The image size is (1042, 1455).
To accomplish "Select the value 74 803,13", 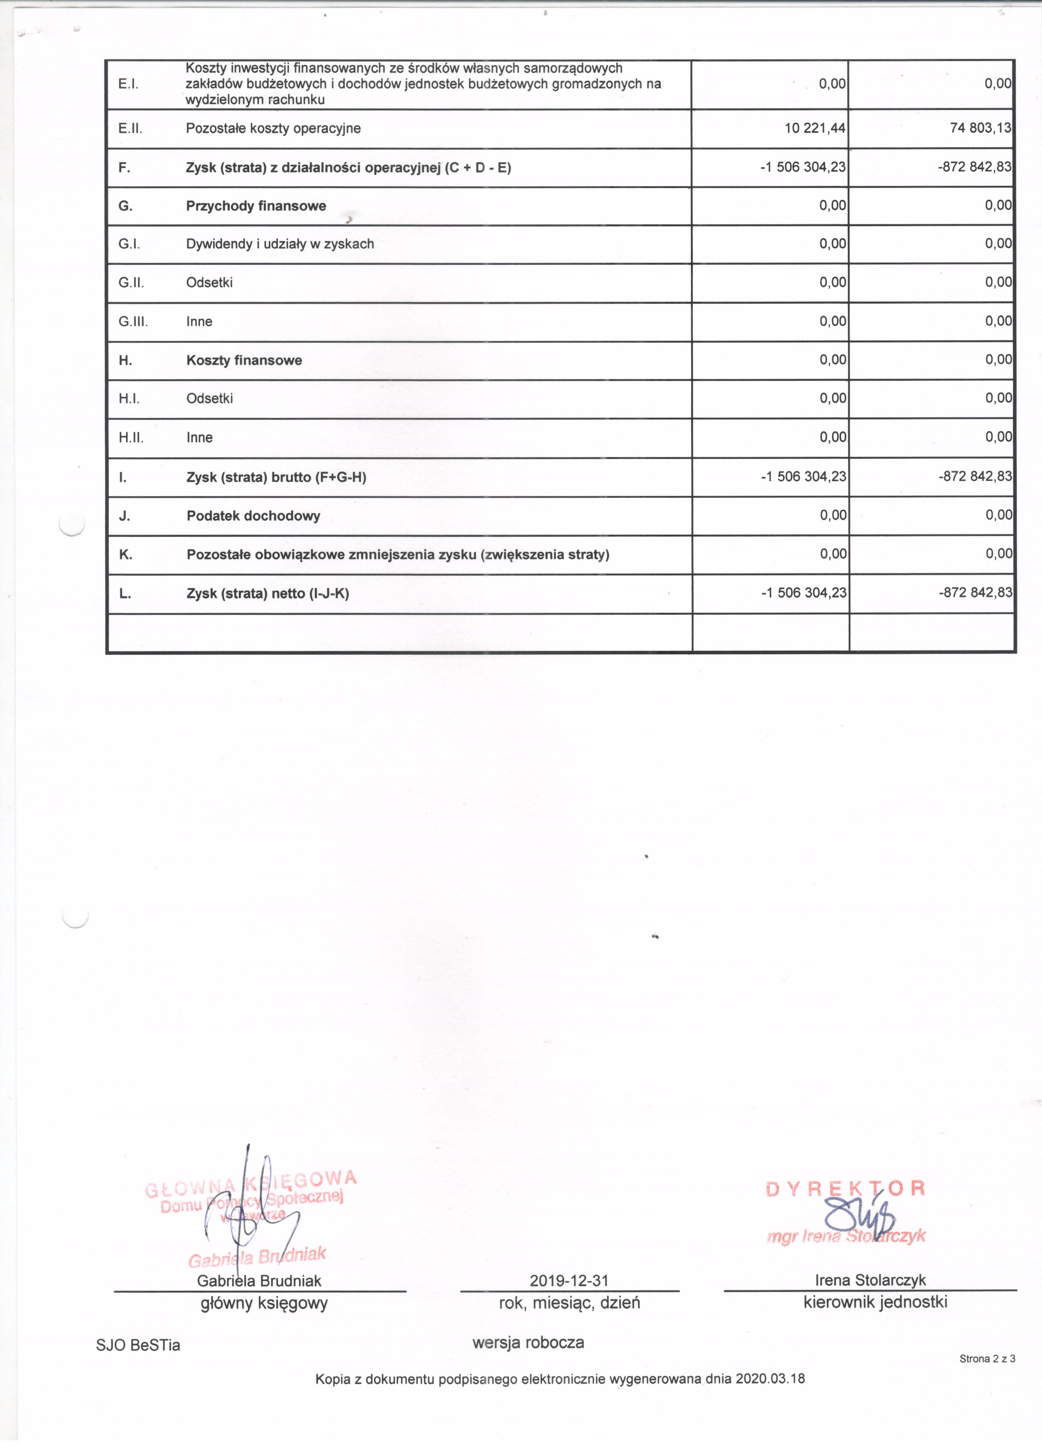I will point(981,128).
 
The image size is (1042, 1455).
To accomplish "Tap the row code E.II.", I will point(130,128).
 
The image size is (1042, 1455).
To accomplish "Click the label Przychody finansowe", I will point(256,206).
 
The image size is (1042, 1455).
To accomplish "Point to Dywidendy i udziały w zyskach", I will point(280,244).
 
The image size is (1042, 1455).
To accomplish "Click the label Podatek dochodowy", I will point(253,516).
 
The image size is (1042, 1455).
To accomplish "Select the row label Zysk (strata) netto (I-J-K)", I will point(268,593).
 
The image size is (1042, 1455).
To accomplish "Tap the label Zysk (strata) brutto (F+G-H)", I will point(276,477).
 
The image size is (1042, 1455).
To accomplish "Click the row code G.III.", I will point(133,322).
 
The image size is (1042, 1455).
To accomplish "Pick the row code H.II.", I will point(131,438).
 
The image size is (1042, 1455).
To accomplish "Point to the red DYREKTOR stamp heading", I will point(845,1188).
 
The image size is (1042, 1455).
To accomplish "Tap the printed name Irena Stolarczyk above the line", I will point(870,1280).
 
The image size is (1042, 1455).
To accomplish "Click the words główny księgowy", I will point(264,1303).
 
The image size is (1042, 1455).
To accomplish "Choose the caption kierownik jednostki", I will point(875,1301).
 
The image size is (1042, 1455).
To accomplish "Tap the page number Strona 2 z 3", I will point(987,1358).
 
